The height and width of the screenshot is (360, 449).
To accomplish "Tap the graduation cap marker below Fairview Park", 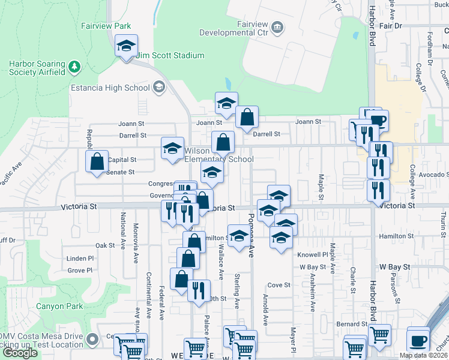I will [126, 46].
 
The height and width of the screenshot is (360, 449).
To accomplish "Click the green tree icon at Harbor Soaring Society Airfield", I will [74, 65].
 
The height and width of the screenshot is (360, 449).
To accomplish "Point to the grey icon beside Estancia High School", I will [158, 88].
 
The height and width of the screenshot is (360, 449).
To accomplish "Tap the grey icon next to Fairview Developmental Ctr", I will [277, 27].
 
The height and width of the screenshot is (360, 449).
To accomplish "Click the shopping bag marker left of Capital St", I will [97, 161].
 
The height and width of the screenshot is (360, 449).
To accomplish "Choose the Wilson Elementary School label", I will [218, 155].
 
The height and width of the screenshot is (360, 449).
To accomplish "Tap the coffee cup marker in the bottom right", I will [418, 340].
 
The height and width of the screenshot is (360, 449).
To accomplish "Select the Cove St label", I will [279, 285].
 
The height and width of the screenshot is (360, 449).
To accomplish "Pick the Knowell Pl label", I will [313, 254].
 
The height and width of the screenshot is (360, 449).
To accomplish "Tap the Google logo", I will [20, 353].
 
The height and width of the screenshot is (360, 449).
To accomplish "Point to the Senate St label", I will [121, 172].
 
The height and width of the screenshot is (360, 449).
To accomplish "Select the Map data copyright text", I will [423, 355].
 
